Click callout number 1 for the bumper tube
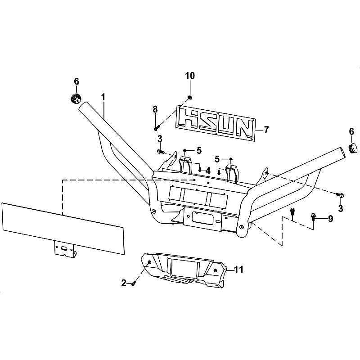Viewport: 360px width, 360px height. (x=103, y=97)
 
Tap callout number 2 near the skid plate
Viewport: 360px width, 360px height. (x=124, y=283)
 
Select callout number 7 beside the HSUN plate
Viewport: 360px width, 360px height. (x=266, y=130)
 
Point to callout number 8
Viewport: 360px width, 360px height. (x=155, y=109)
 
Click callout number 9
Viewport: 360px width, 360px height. (x=330, y=219)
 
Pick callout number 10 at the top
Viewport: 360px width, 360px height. (x=190, y=76)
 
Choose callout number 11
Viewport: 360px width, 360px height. (x=238, y=269)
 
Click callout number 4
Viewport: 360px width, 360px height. (x=208, y=171)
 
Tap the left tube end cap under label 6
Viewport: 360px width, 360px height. (x=76, y=99)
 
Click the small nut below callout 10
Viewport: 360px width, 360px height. (x=190, y=98)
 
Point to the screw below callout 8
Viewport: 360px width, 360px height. (x=157, y=127)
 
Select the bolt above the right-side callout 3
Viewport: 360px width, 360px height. (x=340, y=195)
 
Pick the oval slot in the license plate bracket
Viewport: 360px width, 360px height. (x=64, y=248)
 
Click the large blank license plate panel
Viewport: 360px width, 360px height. (x=63, y=229)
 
